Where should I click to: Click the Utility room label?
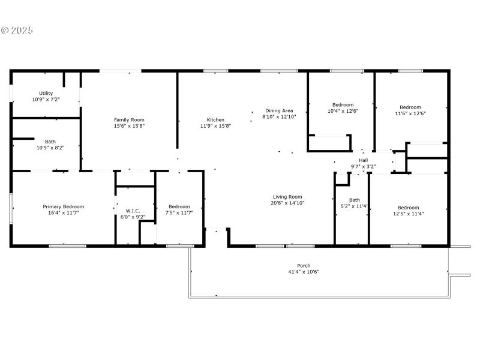(46, 93)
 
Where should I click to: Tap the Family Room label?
(130, 120)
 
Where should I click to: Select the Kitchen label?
(215, 120)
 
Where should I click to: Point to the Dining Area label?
(279, 110)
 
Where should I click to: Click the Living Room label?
(287, 197)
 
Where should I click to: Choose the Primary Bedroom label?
(64, 206)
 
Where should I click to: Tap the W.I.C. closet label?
(133, 211)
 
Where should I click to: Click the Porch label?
(304, 266)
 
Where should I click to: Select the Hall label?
(364, 160)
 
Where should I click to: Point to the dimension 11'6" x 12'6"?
(410, 113)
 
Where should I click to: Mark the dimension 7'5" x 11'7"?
(179, 212)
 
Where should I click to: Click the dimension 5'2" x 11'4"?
(355, 206)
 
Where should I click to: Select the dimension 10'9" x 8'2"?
(50, 148)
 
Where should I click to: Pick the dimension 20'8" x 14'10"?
(287, 203)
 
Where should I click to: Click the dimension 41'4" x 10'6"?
(304, 272)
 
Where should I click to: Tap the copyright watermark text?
(17, 30)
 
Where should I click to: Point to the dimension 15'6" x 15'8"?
(130, 126)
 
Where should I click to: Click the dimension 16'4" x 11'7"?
(64, 212)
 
